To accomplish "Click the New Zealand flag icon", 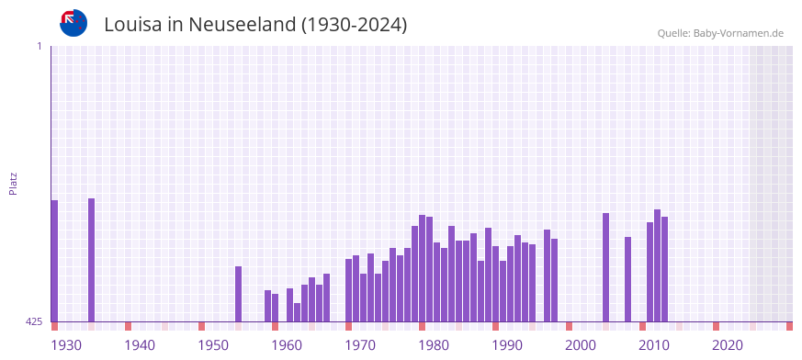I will tap(73, 23).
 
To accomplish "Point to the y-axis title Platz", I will tap(13, 183).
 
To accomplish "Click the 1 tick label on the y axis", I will tap(39, 46).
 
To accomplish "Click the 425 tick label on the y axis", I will tap(34, 321).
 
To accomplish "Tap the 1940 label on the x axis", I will tap(140, 345).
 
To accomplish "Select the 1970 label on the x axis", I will tap(360, 345).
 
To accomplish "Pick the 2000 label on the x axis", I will tap(581, 345).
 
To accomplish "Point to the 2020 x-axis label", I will tap(728, 345).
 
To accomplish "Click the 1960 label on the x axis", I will tap(287, 345).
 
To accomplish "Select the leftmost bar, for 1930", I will tap(54, 261).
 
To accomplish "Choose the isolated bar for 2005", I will tap(605, 267).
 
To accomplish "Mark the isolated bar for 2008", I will tap(627, 279).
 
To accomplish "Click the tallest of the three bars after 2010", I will tap(657, 265).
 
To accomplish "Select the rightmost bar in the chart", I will tap(664, 269).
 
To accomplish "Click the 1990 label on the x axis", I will tap(507, 345).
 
